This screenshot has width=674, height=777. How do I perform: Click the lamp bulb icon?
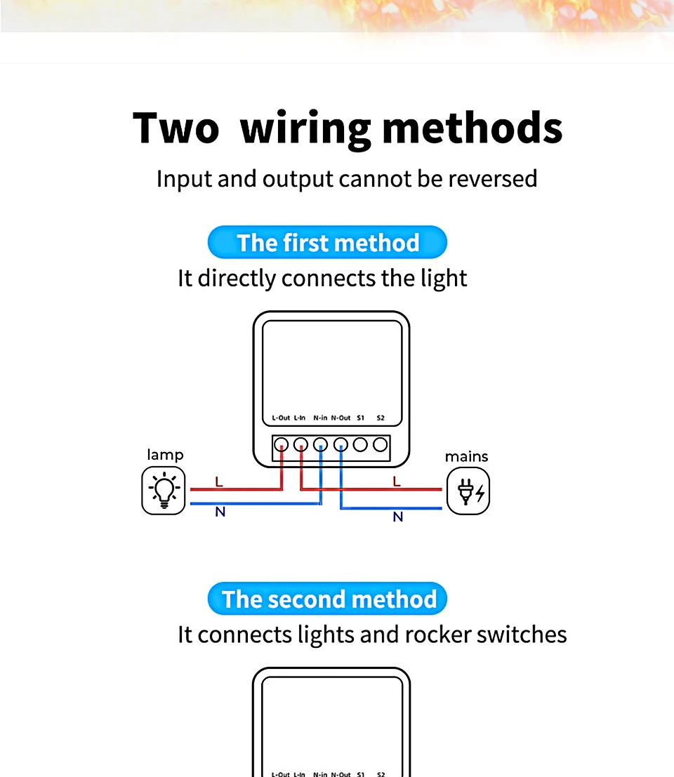coord(164,490)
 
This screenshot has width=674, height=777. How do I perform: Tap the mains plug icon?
coord(468,492)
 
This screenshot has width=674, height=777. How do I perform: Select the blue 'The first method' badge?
coord(327,243)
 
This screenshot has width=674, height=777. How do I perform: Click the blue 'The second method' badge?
coord(327,599)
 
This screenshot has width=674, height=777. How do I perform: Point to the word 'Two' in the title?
coord(176,128)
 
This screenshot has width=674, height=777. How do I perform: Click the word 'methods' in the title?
coord(472,128)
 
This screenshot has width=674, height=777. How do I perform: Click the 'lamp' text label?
coord(165,455)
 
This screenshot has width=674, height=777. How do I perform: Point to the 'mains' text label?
coord(466,457)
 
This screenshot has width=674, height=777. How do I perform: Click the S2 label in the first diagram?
coord(381,418)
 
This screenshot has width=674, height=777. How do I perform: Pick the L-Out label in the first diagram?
coord(281,418)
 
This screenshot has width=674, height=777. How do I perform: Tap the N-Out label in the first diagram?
coord(341,418)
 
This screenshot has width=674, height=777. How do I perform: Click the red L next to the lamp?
coord(219,482)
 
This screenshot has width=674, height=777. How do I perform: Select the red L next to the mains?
coord(397,482)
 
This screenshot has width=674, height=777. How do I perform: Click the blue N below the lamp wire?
coord(220,512)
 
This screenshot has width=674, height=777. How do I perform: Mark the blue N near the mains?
coord(398,517)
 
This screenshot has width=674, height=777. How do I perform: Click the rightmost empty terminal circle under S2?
coord(381,444)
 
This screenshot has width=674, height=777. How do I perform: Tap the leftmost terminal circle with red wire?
coord(281,444)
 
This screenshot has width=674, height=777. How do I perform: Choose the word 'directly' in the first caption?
coord(237,279)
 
